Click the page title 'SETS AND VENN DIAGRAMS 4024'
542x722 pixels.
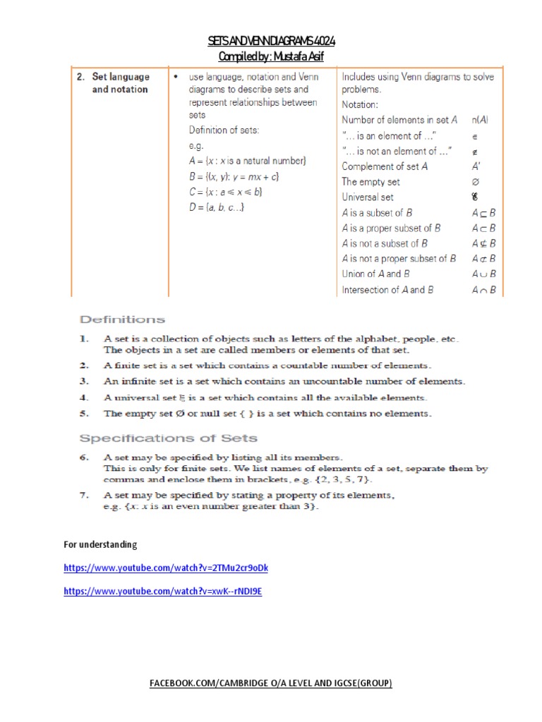272,42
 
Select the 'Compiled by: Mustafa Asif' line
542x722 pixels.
272,56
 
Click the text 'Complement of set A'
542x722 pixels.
385,166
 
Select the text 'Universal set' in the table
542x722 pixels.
368,197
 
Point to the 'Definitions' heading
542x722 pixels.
124,319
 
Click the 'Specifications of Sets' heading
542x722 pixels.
168,439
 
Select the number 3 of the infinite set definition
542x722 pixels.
83,381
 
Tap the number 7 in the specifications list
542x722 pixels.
83,496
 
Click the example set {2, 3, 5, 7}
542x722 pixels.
344,479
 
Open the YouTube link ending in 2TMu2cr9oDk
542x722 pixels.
166,568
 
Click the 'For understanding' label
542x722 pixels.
100,545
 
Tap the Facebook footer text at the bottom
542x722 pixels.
272,684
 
